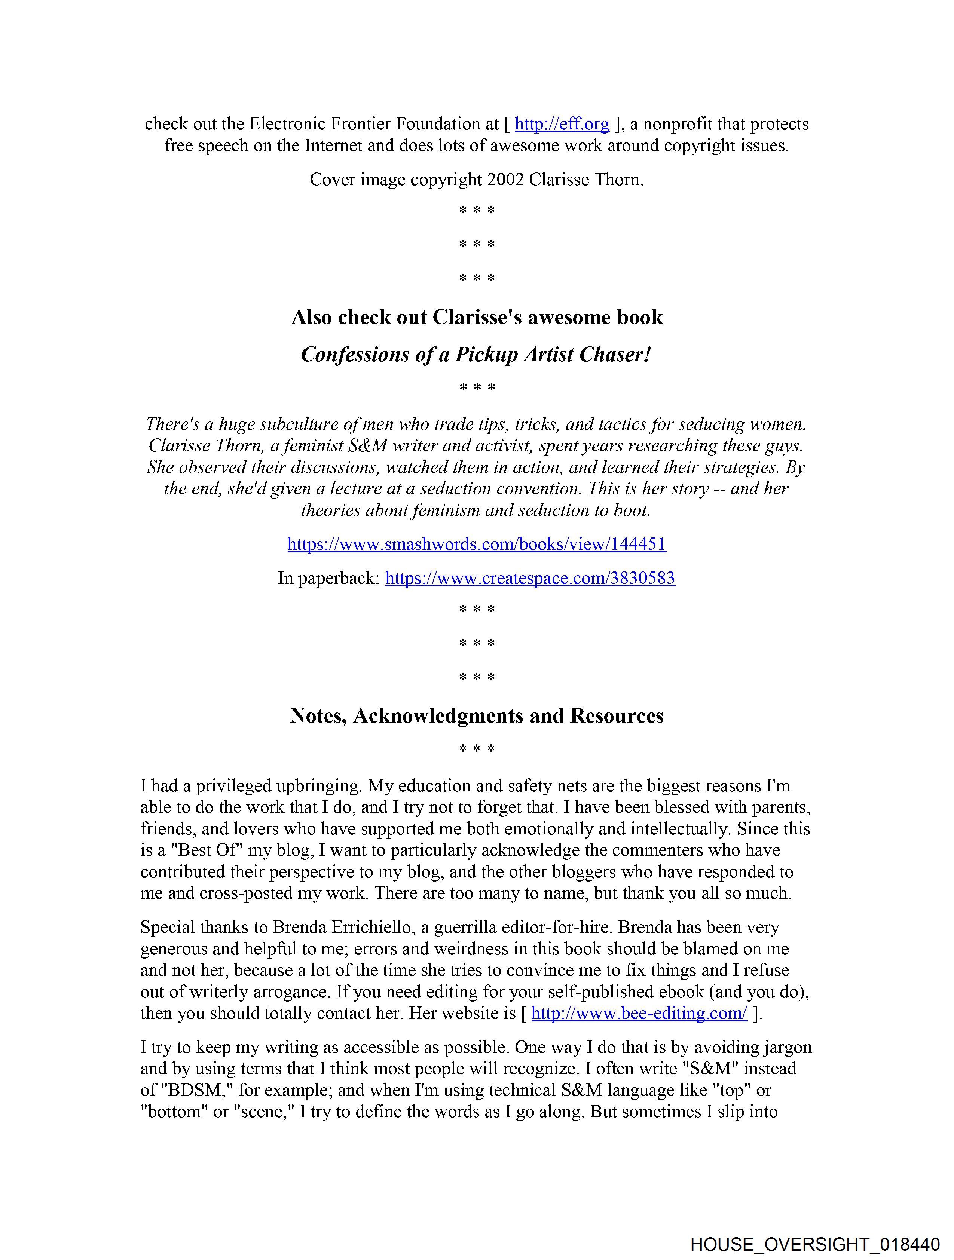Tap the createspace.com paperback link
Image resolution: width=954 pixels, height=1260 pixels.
click(x=530, y=578)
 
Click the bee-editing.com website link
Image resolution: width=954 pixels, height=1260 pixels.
click(x=639, y=1014)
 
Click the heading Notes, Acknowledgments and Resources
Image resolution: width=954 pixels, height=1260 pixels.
click(x=476, y=715)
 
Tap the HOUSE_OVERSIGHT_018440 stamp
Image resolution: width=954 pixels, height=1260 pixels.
click(x=815, y=1245)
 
